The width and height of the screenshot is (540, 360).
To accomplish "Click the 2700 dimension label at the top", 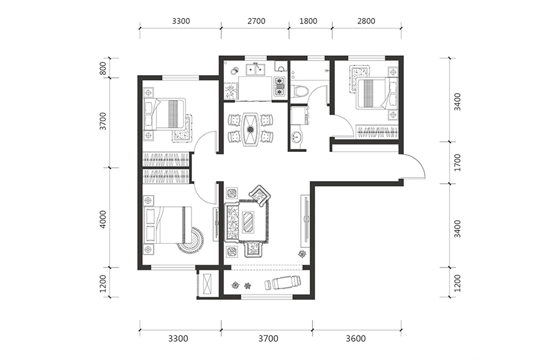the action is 256,21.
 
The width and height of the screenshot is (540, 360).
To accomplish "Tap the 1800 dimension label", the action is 308,21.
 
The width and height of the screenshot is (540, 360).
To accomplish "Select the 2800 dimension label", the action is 366,21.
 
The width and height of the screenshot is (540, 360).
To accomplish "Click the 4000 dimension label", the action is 103,219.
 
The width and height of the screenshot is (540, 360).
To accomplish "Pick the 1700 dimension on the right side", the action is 457,162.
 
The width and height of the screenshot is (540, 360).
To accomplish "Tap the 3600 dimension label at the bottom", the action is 356,338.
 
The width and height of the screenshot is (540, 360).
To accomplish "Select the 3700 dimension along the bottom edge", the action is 268,338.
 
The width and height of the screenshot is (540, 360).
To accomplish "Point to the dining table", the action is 251,129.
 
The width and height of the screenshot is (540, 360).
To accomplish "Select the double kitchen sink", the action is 255,69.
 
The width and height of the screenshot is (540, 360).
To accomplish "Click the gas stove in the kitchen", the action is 279,86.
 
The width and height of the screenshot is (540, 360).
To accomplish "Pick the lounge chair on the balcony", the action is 282,283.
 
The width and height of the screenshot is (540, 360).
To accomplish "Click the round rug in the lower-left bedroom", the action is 192,240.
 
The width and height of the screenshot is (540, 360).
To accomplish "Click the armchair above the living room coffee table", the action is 260,194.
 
